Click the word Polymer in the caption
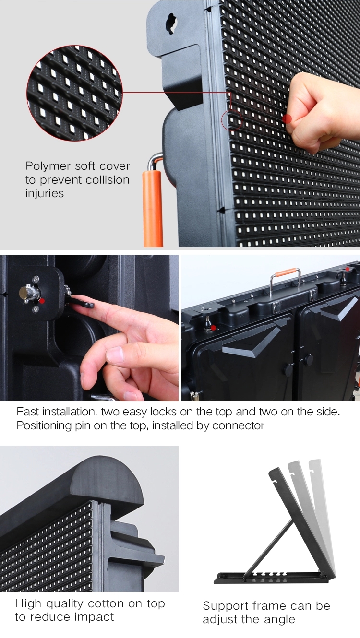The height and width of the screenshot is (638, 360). coord(48,166)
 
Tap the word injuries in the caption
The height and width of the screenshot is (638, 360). coord(45,193)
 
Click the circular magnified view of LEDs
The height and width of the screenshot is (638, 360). coord(75,93)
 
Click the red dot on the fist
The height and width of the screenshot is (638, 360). coord(287,119)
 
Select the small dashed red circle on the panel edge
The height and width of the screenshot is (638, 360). coord(231,120)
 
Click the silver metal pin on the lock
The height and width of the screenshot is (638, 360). coord(27,293)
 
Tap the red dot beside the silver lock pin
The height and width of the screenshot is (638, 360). coord(42,301)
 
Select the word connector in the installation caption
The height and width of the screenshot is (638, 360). coord(238,425)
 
